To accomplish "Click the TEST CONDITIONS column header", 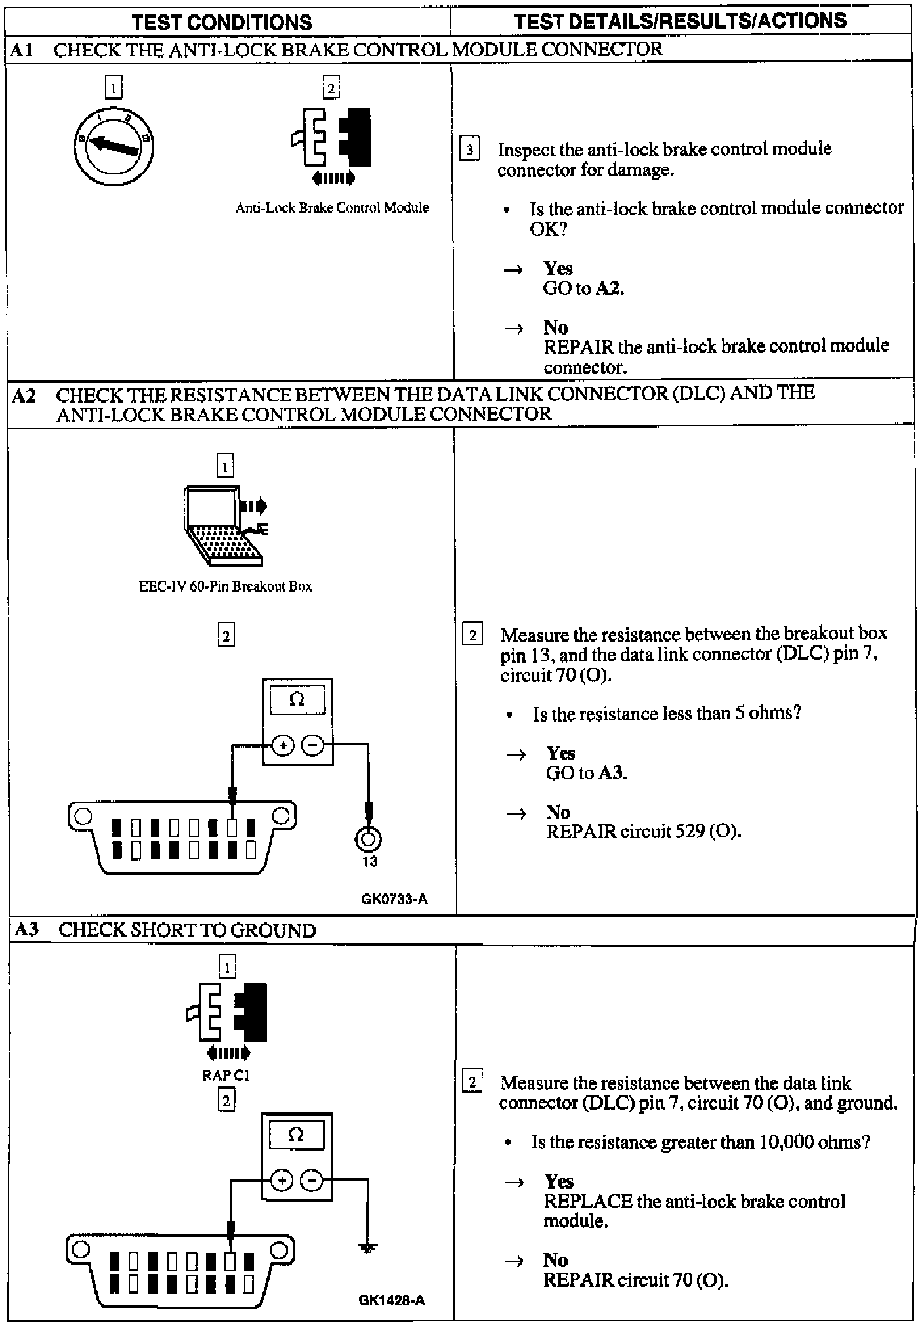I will (x=222, y=22).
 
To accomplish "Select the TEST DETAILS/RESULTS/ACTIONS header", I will (x=681, y=21).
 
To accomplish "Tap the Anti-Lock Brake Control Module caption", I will (x=332, y=208).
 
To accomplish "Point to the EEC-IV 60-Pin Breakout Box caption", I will (x=225, y=586).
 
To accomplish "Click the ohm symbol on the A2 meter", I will (x=297, y=700).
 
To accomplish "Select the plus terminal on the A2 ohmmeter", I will (x=283, y=746).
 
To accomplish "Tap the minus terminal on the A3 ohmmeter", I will (x=311, y=1181).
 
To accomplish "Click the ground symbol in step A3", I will (x=368, y=1249).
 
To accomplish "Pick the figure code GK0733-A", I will (x=394, y=899).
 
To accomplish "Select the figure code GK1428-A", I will (x=392, y=1299).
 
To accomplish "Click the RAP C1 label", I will (x=226, y=1076).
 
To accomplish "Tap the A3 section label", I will (x=26, y=930).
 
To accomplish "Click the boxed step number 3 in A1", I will (x=469, y=149).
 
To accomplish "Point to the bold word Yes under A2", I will (x=560, y=753).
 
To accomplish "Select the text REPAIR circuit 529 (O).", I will (x=643, y=832).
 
